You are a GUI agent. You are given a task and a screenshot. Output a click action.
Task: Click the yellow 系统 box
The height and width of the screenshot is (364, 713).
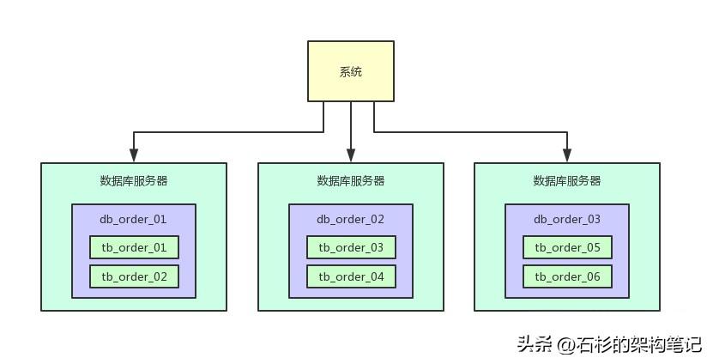pos(351,71)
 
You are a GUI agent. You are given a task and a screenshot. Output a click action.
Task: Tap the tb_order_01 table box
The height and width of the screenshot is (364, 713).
pos(134,248)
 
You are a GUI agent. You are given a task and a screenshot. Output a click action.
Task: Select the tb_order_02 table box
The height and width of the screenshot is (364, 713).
pos(134,276)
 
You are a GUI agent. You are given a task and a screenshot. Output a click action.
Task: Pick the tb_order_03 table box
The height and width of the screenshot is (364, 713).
pos(351,248)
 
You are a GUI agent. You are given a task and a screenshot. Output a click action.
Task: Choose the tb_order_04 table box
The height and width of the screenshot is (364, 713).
pos(351,276)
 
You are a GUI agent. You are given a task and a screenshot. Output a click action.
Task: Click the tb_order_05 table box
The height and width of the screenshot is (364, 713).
pos(567,248)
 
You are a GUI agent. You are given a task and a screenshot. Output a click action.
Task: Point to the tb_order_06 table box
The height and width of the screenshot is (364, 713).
pos(567,276)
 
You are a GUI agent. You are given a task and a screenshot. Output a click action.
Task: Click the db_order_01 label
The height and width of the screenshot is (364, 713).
pos(134,219)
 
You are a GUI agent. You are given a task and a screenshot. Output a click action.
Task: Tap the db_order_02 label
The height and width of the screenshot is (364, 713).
pos(351,219)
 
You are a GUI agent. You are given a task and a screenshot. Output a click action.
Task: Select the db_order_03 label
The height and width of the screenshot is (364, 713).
pos(567,219)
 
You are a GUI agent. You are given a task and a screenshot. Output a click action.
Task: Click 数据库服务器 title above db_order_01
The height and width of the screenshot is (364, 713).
pos(134,181)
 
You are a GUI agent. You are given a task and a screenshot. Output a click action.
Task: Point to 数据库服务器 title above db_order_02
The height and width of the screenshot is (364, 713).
pos(351,181)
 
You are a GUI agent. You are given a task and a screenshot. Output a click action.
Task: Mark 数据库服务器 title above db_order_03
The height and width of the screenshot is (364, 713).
pos(567,181)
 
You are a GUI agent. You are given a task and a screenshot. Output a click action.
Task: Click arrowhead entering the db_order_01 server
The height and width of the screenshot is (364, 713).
pos(134,156)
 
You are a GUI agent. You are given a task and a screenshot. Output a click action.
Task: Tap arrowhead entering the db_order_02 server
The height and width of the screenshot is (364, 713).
pos(351,156)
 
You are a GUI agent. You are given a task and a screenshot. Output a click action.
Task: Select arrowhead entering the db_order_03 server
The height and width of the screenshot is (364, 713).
pos(567,156)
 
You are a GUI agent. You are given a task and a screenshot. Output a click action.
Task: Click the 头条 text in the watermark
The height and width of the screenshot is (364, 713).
pos(535,345)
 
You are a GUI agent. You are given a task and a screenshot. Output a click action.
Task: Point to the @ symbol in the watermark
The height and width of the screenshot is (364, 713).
pos(565,345)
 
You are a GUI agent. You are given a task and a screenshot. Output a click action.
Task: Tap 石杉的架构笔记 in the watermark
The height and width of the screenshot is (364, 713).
pos(639,345)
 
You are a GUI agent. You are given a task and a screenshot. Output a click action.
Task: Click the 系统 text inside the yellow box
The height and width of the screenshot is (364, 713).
pos(351,72)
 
